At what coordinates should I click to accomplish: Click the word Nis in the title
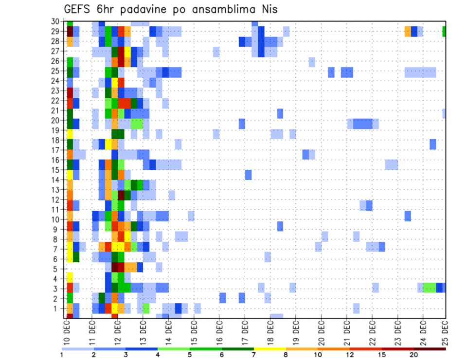click(268, 9)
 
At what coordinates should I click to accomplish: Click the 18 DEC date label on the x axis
click(270, 331)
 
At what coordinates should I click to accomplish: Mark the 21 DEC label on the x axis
click(347, 331)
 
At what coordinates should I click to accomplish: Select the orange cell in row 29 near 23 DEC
click(408, 32)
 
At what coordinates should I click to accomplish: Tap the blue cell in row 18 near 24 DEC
click(432, 144)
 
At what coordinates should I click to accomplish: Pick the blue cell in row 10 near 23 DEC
click(408, 216)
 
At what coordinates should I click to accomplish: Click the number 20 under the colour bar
click(414, 355)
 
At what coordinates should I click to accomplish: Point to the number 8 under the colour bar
click(286, 355)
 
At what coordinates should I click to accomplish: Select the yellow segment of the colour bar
click(270, 349)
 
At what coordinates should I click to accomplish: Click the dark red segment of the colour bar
click(430, 349)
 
